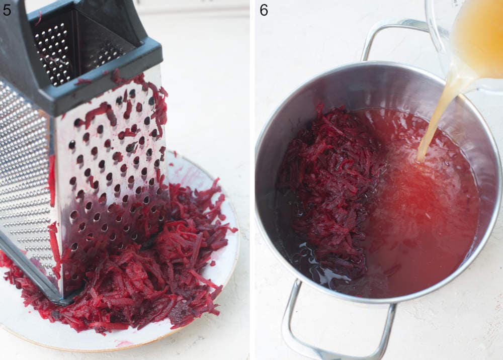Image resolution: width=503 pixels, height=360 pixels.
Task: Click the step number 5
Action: coord(7,10)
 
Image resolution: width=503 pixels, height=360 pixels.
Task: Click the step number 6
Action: coord(264,10)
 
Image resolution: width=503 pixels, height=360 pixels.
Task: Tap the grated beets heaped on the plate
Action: coord(151,282)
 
